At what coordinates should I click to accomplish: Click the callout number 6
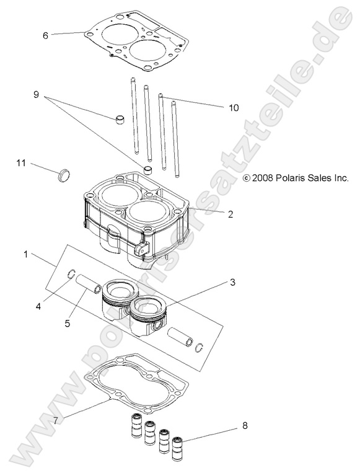[45, 35]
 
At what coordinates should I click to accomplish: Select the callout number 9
[36, 95]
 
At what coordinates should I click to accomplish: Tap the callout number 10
[234, 107]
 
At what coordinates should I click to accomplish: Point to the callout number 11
[21, 163]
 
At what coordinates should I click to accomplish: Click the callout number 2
[230, 214]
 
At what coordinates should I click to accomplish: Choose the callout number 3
[232, 283]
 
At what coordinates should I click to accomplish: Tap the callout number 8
[245, 426]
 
